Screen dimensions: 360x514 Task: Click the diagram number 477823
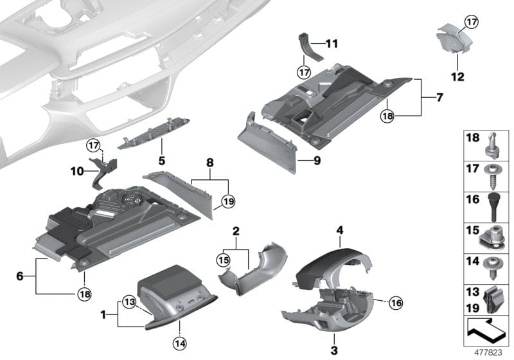pos(488,352)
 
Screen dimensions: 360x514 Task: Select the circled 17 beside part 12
pos(472,22)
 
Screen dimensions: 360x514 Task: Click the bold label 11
pos(332,44)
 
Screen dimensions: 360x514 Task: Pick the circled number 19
pos(226,203)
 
